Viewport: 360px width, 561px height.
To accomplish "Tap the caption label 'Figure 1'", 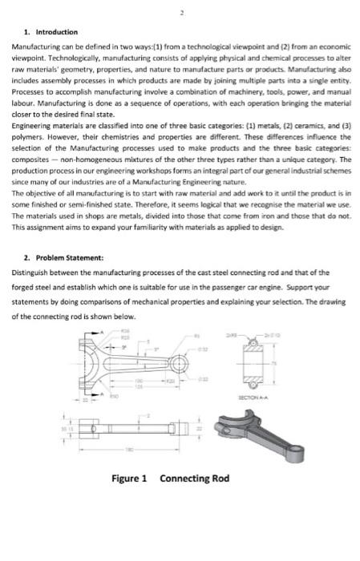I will [129, 478].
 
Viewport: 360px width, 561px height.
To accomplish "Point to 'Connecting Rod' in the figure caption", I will [195, 478].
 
